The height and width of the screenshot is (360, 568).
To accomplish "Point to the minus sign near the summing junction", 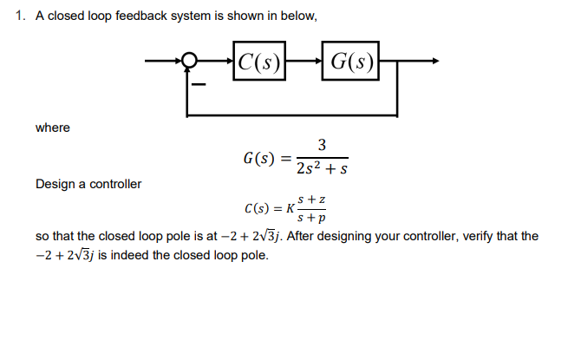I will click(x=199, y=84).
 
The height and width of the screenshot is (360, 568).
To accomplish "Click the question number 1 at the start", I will click(x=21, y=16).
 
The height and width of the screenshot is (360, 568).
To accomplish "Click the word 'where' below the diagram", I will click(x=52, y=128).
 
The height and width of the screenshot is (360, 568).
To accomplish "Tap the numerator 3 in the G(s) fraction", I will click(x=322, y=144).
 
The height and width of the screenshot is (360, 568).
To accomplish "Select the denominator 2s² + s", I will click(x=322, y=169).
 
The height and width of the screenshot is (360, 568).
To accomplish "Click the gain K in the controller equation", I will click(x=289, y=208).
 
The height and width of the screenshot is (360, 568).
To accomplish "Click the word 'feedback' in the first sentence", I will click(x=134, y=16).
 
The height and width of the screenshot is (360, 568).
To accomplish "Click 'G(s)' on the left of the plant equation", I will click(x=258, y=158).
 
